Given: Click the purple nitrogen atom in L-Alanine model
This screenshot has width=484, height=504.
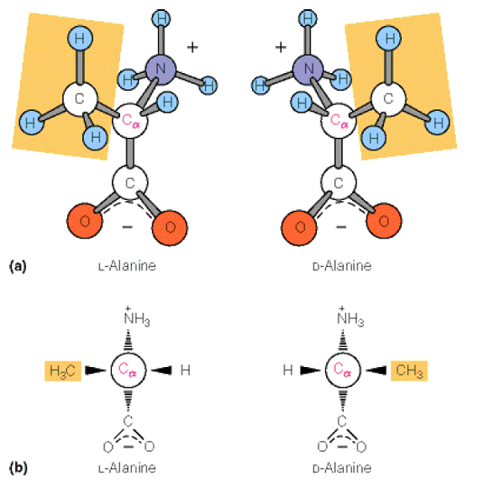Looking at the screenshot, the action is coord(160,69).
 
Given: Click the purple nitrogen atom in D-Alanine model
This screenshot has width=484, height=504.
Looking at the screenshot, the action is coord(308,69).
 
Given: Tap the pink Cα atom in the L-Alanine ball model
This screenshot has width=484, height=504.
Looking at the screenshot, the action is coord(130,121).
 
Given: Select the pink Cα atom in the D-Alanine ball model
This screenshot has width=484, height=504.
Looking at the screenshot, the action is coord(339,121).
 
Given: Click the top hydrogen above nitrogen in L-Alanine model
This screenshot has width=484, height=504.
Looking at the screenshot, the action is coord(160,18).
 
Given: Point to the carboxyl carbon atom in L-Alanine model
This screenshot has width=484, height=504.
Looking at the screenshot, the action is coord(130,182).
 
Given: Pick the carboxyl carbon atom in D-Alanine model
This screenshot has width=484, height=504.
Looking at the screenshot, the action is coord(339,182).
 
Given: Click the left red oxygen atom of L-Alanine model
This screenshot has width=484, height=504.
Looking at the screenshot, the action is coord(85,221).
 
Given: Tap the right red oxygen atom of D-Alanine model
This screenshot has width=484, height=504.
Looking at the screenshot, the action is coord(384,221).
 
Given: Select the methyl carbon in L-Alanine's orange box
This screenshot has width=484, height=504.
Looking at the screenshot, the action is coord(80,98).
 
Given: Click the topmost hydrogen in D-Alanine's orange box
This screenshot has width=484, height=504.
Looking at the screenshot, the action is coord(388,39).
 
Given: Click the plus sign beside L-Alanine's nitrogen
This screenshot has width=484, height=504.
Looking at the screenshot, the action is coord(192,48).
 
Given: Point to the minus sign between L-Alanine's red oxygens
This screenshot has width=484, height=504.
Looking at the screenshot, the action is coord(128,227).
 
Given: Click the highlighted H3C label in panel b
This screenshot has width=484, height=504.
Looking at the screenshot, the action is coord(63,371).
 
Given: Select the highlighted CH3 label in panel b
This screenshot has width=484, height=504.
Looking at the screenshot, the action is coord(409,370).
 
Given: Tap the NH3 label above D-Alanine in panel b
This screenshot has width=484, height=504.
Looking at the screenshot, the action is coord(350,318).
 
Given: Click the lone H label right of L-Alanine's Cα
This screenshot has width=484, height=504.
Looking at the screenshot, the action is coord(185,370).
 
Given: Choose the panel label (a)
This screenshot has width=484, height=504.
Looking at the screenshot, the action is coord(18,266).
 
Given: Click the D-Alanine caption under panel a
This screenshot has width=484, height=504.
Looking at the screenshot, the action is coord(342,266).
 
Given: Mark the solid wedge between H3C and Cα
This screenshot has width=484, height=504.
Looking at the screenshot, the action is coord(96,370).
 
